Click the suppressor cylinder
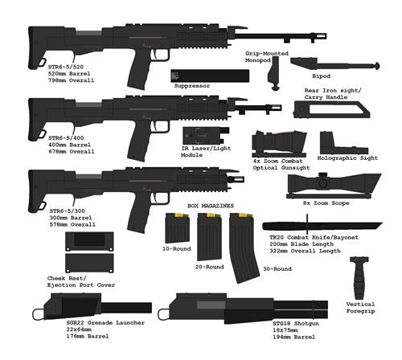210,76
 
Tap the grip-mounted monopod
274,72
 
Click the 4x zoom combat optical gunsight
279,144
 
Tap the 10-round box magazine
178,228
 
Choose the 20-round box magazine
210,236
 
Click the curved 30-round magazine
243,247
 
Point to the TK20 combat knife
322,226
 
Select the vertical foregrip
359,278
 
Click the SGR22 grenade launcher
92,307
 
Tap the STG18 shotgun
243,308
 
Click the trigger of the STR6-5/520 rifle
156,54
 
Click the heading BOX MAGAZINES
211,206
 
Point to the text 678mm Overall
72,152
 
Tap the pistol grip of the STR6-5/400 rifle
139,143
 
